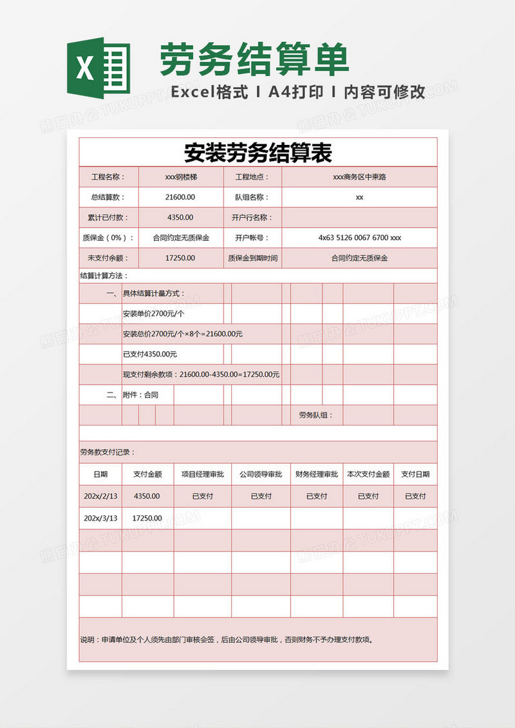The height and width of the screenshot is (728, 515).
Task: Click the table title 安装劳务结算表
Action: pyautogui.click(x=258, y=153)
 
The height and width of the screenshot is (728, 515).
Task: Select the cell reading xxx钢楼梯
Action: pyautogui.click(x=181, y=177)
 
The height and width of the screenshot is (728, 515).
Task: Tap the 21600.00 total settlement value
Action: pyautogui.click(x=180, y=197)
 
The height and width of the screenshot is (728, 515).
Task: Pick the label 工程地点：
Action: pyautogui.click(x=252, y=177)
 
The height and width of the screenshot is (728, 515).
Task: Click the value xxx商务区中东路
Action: pyautogui.click(x=359, y=177)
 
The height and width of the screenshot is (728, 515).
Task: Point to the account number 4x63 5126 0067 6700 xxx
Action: pyautogui.click(x=359, y=238)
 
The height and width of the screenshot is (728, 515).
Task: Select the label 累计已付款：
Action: pyautogui.click(x=108, y=218)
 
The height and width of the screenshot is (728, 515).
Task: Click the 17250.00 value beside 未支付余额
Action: pyautogui.click(x=180, y=258)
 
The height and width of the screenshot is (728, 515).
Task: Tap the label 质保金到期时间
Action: pyautogui.click(x=252, y=258)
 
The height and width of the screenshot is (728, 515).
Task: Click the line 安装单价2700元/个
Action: pyautogui.click(x=153, y=314)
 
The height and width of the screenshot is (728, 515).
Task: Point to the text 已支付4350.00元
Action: pyautogui.click(x=149, y=354)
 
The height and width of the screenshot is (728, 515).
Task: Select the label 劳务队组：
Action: pyautogui.click(x=316, y=415)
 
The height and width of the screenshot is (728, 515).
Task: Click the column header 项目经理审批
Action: pyautogui.click(x=202, y=474)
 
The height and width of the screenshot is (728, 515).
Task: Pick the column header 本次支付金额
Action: pyautogui.click(x=368, y=474)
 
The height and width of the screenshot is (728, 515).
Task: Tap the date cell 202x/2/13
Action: pyautogui.click(x=100, y=496)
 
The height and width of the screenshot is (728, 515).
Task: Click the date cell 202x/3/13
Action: pyautogui.click(x=100, y=518)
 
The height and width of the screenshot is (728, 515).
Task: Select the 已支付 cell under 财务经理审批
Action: pyautogui.click(x=316, y=496)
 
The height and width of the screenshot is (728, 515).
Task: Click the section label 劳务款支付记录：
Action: pyautogui.click(x=108, y=452)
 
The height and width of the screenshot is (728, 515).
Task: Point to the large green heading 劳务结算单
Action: pyautogui.click(x=254, y=59)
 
